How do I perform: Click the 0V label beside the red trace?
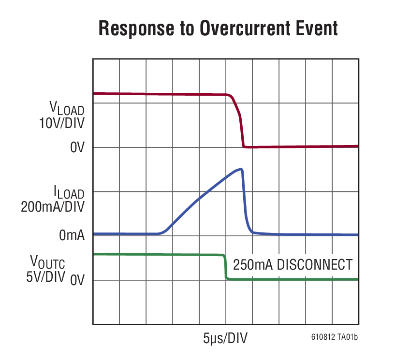[x=77, y=148]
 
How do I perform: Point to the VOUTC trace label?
[x=48, y=263]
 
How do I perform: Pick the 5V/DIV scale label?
[x=46, y=279]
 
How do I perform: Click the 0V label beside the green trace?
[x=77, y=280]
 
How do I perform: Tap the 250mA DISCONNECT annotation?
[x=293, y=265]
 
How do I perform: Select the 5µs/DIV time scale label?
[x=225, y=338]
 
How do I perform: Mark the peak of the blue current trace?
[x=241, y=169]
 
